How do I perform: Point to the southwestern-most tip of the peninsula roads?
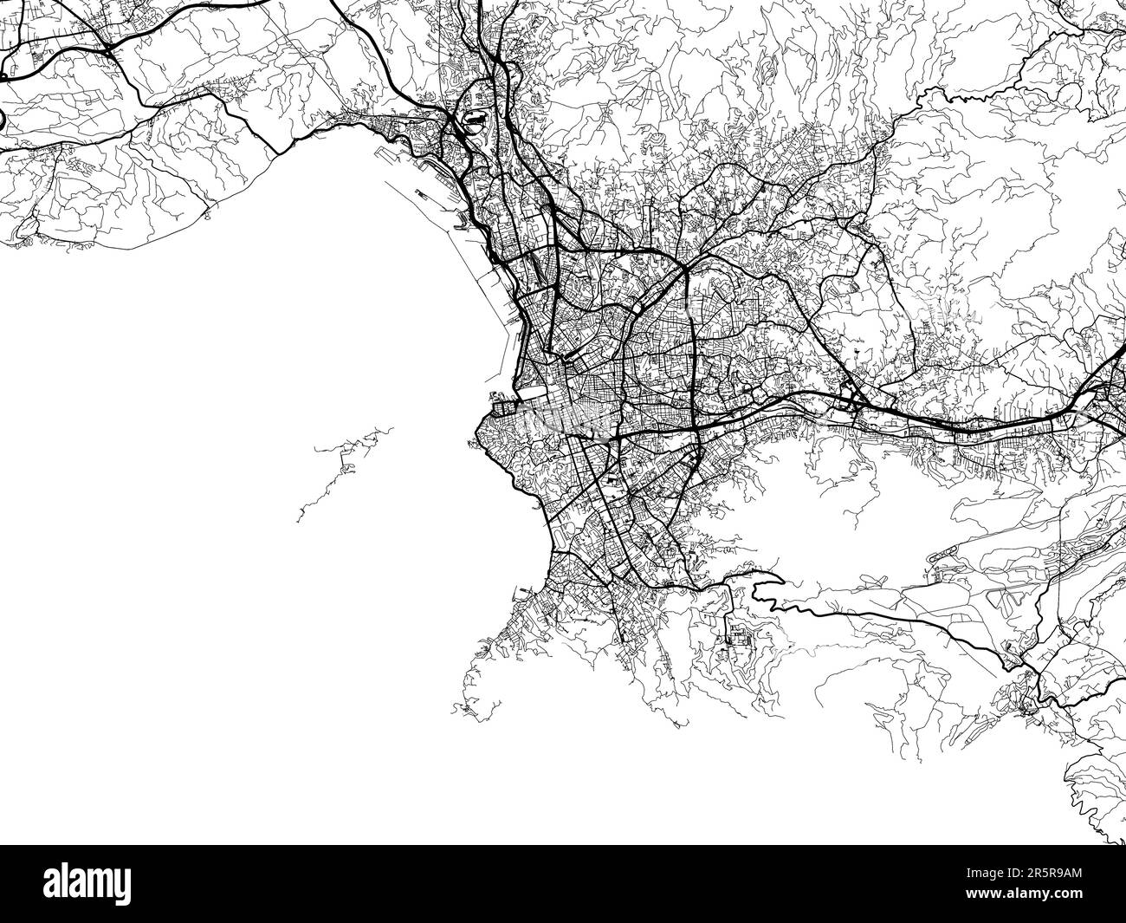[x=459, y=711]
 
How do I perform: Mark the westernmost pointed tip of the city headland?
[x=476, y=430]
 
